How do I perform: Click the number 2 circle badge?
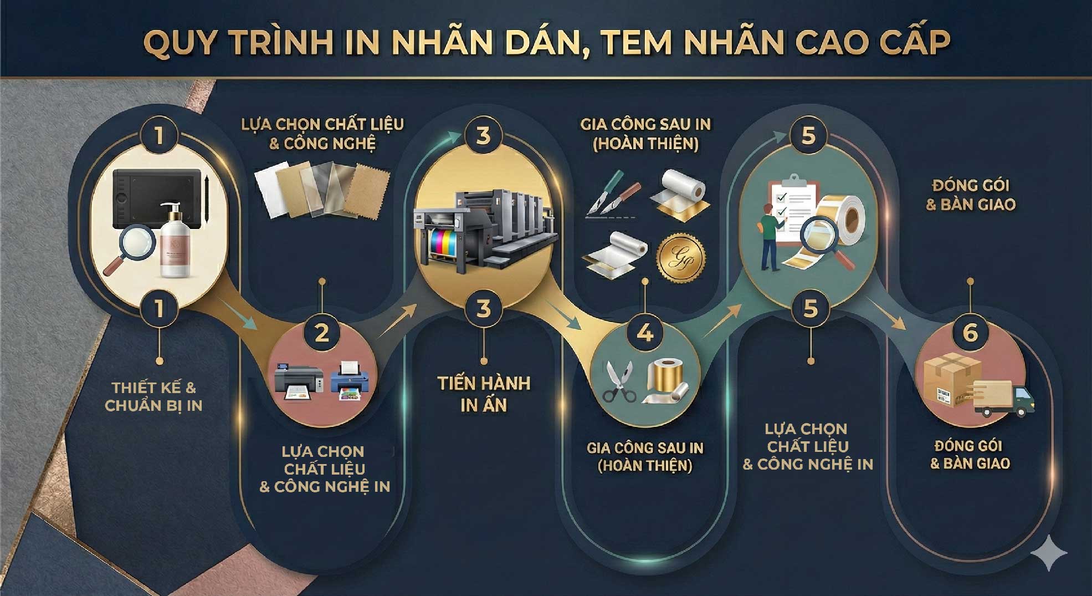coord(322,333)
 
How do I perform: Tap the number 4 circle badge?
coord(645,333)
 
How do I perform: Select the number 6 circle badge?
coord(970,333)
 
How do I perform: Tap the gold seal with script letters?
coord(681,259)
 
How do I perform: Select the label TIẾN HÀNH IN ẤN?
coord(484,394)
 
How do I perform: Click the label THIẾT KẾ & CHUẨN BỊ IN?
coord(153,396)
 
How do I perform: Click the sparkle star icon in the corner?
coord(1049,553)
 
